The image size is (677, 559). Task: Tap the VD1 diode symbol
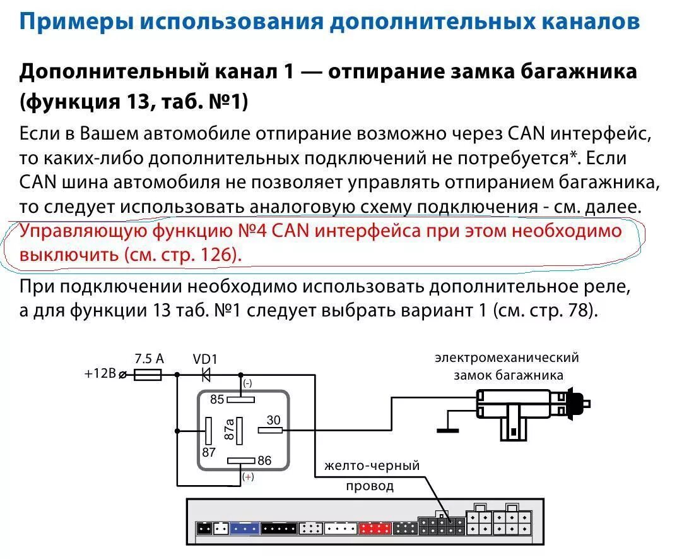(x=206, y=375)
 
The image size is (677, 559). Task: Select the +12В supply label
(x=100, y=373)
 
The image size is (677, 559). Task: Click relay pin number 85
(x=217, y=399)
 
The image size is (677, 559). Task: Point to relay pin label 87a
(x=229, y=430)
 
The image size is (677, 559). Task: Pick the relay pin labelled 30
(x=273, y=420)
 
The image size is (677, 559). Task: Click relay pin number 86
(x=264, y=460)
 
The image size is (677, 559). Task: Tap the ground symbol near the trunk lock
(x=449, y=431)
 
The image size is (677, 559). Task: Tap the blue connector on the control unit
(x=244, y=528)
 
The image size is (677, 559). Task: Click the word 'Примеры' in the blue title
(x=76, y=22)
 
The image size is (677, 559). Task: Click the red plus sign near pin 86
(x=248, y=477)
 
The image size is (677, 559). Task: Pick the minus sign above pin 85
(x=247, y=383)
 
